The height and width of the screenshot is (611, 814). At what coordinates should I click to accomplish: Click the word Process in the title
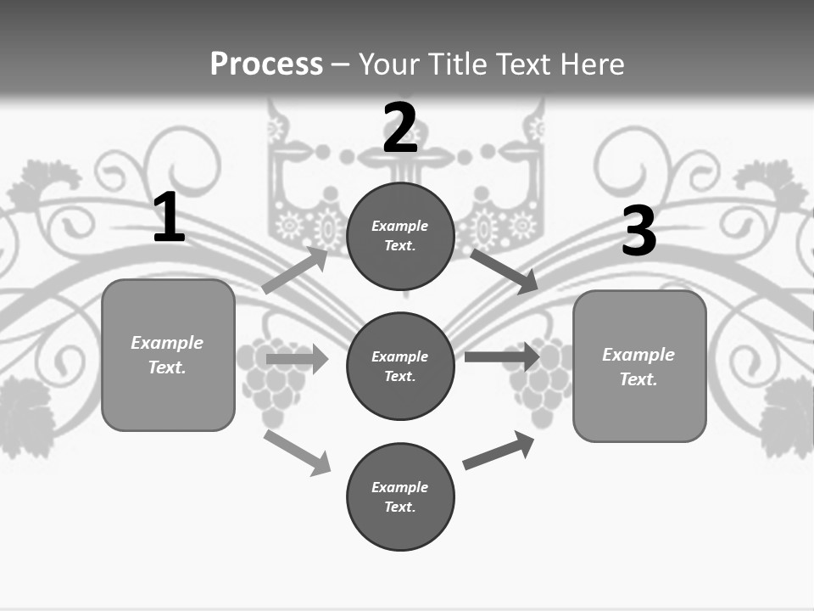266,64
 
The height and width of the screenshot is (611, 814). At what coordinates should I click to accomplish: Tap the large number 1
169,218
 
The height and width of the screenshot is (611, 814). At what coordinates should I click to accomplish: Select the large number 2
400,128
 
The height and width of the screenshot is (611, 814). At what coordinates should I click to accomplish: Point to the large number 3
638,231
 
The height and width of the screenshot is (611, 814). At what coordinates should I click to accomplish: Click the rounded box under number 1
168,399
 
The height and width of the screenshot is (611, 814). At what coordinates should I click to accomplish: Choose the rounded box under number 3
639,412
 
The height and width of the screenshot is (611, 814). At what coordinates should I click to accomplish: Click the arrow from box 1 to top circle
295,270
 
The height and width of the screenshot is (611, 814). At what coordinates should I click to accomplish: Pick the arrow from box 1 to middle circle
297,359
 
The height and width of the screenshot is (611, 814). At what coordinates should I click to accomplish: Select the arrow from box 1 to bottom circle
297,452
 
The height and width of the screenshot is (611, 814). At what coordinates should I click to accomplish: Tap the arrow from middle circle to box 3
502,356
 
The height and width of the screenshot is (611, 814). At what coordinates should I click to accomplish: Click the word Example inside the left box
167,343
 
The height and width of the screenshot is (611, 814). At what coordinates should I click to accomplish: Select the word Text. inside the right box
638,379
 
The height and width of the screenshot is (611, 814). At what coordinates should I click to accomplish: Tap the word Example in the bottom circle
399,487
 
